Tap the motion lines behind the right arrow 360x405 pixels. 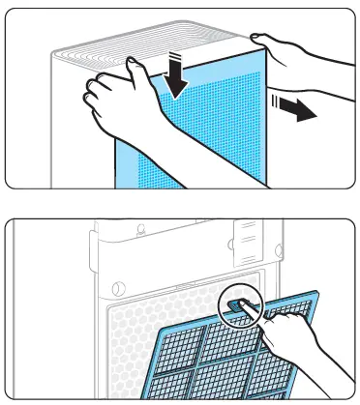[278, 103]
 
